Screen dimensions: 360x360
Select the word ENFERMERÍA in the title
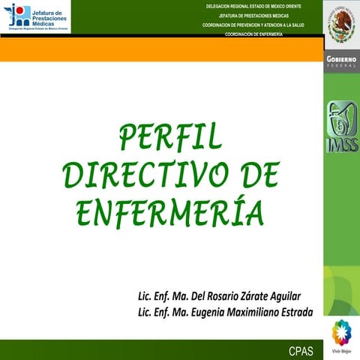click(171, 211)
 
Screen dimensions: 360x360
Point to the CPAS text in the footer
click(302, 350)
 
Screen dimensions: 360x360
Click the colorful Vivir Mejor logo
click(341, 333)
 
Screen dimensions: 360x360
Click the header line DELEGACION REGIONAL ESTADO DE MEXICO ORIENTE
click(253, 6)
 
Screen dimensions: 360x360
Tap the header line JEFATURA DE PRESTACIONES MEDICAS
click(253, 15)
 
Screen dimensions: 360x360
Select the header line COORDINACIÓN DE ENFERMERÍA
click(253, 34)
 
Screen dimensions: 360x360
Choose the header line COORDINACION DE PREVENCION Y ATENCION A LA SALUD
click(253, 25)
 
